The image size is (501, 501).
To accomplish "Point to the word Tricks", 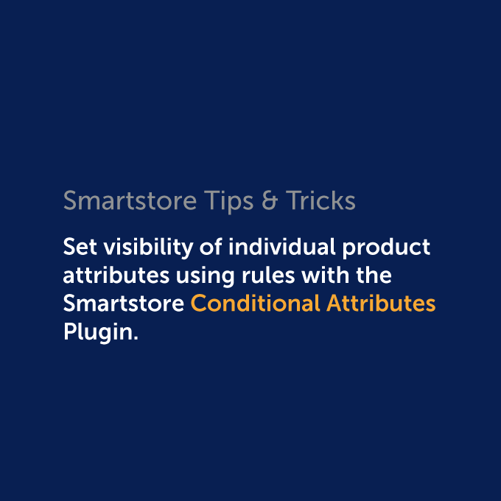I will point(320,200).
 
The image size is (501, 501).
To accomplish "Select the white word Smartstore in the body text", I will point(124,304).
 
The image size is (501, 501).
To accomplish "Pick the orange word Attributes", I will point(380,304).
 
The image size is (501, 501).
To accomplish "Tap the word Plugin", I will point(98,332).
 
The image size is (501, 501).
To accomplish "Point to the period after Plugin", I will point(136,337).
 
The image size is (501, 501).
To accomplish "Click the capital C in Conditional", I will point(198,304).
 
